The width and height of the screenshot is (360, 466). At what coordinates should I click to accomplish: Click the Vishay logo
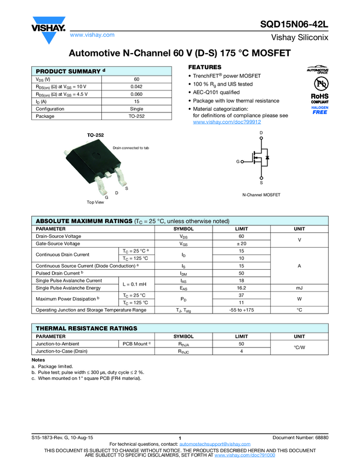pos(48,31)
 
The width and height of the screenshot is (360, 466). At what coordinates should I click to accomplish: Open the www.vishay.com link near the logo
pos(92,35)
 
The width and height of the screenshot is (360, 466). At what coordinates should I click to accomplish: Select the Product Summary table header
pos(71,71)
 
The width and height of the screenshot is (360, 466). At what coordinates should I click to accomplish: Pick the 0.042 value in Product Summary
pos(136,87)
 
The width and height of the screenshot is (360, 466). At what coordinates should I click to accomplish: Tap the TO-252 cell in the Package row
pos(136,116)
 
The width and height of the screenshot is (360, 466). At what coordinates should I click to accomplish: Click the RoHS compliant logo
pos(319,99)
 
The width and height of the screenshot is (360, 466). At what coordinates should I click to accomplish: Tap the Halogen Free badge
pos(319,110)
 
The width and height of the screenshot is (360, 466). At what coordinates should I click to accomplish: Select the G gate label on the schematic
pos(238,162)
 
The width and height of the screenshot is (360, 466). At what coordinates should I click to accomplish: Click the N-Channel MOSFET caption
pos(261,195)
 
